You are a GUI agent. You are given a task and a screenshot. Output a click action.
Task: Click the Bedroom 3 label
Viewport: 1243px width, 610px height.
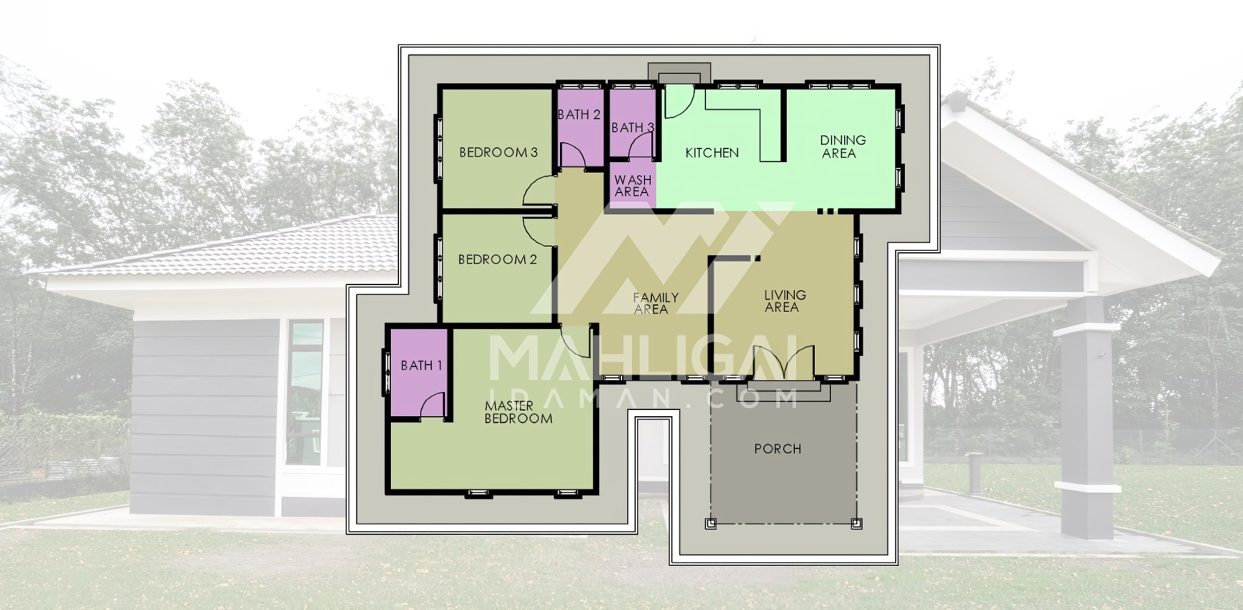[498, 152]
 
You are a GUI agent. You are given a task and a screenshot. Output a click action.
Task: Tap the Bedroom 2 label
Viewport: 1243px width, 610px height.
[497, 259]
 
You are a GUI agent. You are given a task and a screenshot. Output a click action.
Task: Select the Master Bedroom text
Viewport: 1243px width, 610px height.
[518, 412]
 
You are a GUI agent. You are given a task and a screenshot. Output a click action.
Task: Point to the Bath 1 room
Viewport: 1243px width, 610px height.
[419, 373]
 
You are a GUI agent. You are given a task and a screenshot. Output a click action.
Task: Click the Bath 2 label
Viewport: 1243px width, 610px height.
[579, 114]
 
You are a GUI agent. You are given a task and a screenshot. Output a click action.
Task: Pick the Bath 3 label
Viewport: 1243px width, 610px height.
[633, 128]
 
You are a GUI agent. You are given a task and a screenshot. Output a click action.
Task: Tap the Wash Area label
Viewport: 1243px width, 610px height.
[633, 186]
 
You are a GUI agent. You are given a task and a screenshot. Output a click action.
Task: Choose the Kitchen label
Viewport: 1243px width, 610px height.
[712, 152]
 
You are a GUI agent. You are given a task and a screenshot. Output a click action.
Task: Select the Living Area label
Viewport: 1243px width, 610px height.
[785, 301]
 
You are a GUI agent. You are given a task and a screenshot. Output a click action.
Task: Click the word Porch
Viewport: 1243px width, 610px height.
[777, 448]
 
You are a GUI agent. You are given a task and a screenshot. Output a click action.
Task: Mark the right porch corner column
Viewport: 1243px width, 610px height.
[856, 523]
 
